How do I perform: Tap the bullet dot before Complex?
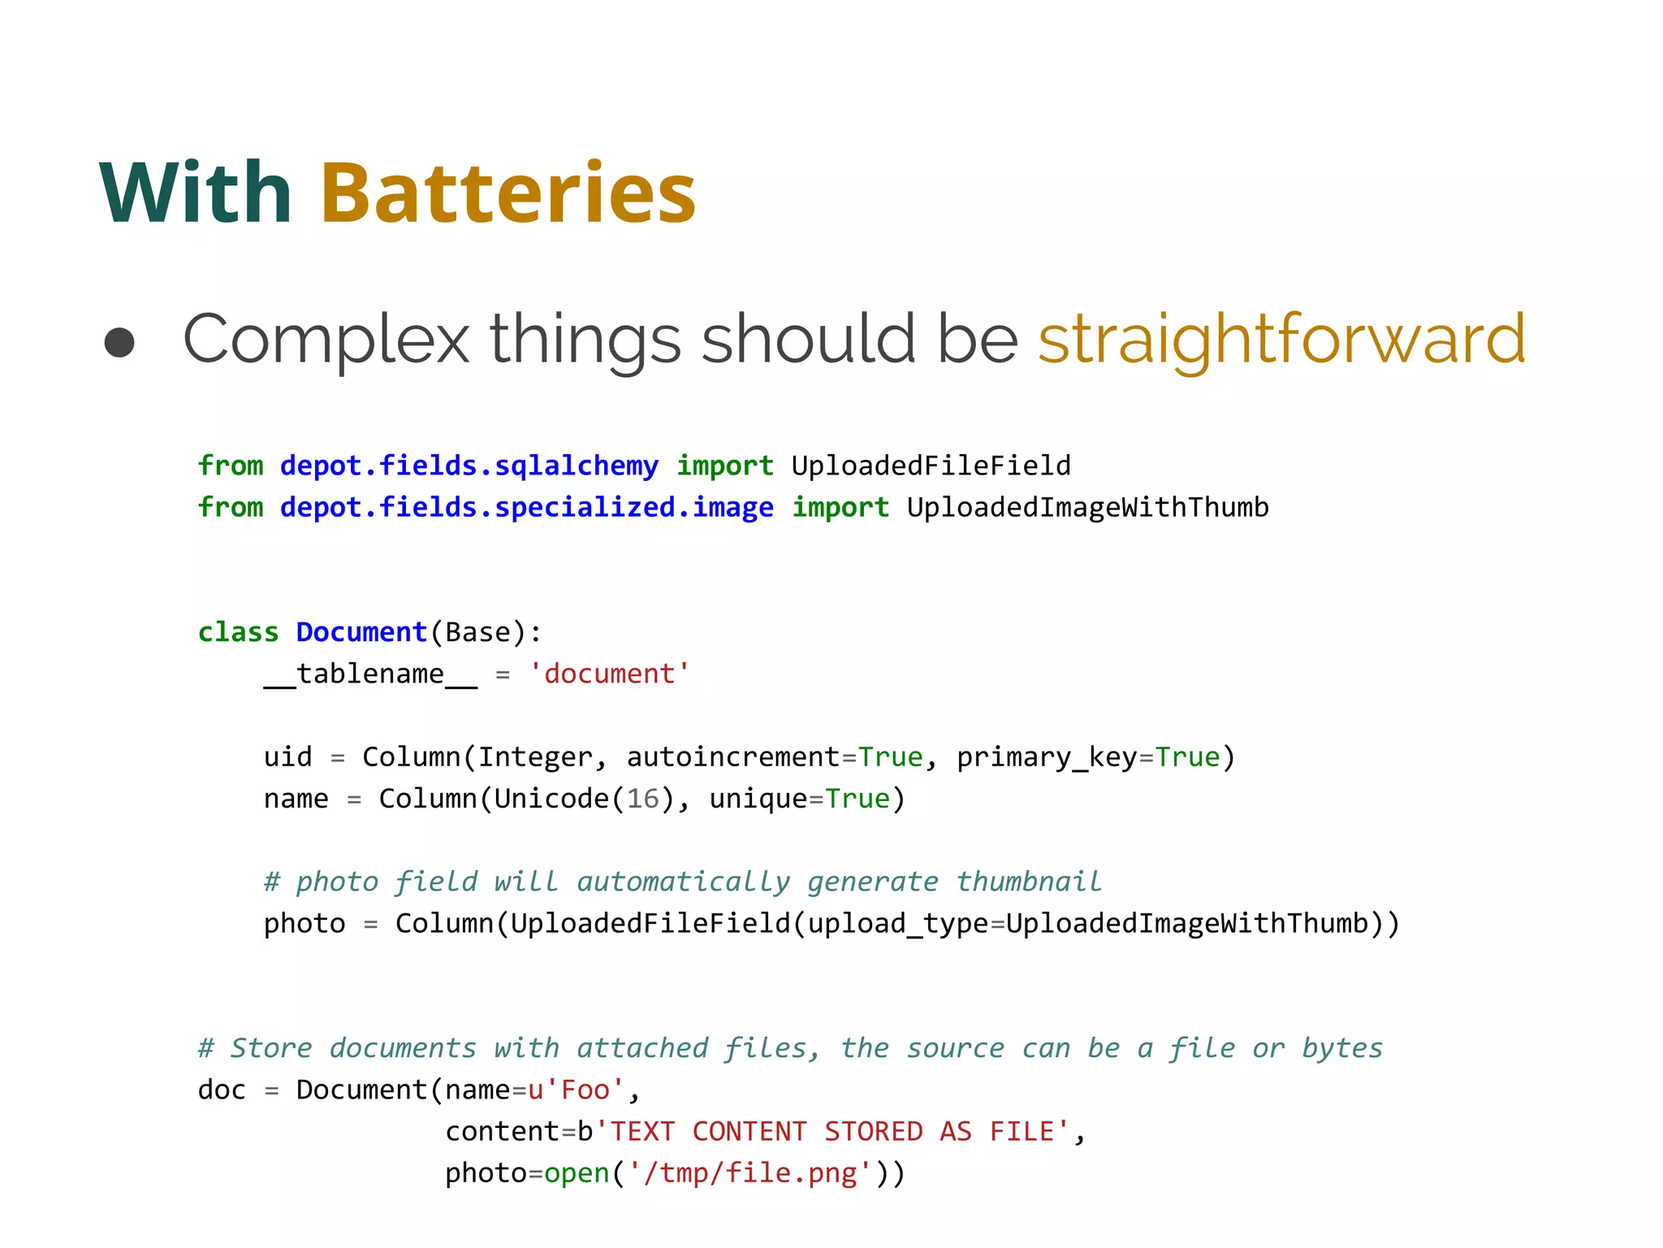tap(119, 342)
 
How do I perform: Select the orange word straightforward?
tap(1281, 340)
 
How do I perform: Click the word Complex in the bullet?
tap(326, 340)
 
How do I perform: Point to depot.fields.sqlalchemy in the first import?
tap(469, 466)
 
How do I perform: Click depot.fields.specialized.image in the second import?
tap(526, 508)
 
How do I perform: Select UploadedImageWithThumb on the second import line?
tap(1087, 508)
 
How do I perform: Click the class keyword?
tap(238, 632)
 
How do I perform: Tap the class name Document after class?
tap(361, 632)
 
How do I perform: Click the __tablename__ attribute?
tap(370, 674)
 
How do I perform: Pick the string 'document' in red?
tap(609, 674)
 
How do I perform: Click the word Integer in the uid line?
tap(535, 757)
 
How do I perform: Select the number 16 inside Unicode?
tap(642, 799)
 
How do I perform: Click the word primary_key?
tap(1046, 757)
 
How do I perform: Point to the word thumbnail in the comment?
tap(1028, 882)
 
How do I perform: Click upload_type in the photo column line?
tap(897, 924)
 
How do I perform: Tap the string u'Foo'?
tap(576, 1090)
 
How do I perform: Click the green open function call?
tap(577, 1173)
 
